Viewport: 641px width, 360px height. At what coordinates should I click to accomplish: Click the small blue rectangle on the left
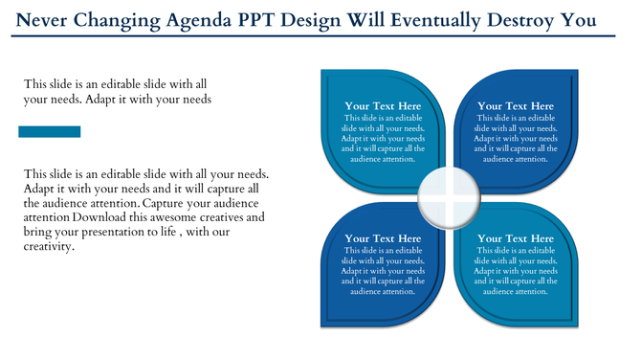point(49,131)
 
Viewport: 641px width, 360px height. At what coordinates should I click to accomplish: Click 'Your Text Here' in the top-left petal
point(383,106)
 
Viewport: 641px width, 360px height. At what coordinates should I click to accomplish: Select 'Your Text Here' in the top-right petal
point(515,106)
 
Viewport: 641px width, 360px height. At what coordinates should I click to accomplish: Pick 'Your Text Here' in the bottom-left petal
point(383,238)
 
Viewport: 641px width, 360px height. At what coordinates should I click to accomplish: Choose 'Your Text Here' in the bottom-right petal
point(515,238)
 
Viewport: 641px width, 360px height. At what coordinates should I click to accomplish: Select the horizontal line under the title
point(320,35)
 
